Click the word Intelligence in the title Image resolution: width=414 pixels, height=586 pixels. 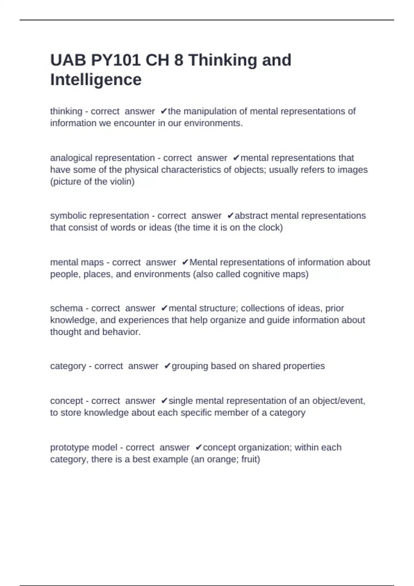96,80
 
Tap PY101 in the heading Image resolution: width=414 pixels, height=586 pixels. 116,60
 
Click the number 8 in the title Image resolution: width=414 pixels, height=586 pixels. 179,60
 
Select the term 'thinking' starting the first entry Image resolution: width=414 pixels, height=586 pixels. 66,111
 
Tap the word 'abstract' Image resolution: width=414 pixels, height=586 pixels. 251,216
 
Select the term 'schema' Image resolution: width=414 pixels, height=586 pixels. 67,308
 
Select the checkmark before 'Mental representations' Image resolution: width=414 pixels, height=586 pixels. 185,262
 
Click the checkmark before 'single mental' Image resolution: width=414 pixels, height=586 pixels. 164,401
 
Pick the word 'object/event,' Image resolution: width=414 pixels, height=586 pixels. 338,401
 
